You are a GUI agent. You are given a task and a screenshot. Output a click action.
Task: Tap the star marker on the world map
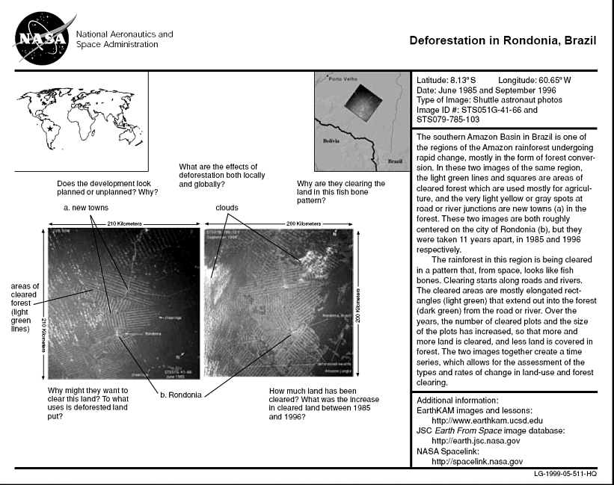click(50, 129)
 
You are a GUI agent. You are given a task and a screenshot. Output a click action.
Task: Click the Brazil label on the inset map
click(393, 161)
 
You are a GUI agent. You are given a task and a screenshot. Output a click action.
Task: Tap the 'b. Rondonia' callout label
click(179, 395)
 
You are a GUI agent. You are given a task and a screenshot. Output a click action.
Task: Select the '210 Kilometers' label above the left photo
click(123, 223)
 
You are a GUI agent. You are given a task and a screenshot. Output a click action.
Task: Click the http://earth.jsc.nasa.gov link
click(479, 441)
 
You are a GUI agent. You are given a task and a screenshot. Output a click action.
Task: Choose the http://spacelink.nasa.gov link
click(477, 462)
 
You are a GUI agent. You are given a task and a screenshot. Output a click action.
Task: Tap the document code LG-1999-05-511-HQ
click(565, 474)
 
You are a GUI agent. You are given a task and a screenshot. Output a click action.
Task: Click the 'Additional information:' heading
click(458, 400)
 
